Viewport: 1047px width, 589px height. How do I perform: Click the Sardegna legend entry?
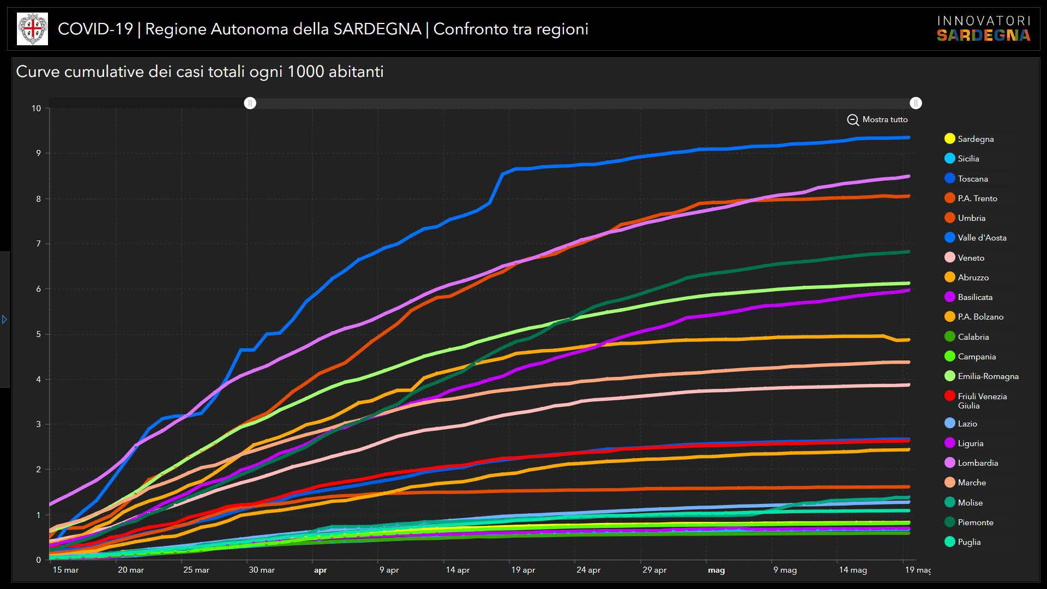click(x=975, y=139)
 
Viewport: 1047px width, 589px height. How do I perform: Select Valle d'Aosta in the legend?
click(x=982, y=238)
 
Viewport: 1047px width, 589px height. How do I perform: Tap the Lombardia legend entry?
click(x=977, y=463)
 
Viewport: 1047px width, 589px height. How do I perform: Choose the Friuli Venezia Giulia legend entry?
click(x=982, y=401)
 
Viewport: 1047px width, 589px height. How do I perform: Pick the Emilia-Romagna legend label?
click(x=988, y=376)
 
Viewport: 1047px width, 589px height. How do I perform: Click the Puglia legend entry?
click(x=968, y=542)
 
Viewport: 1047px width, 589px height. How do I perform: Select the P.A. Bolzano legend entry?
click(x=980, y=317)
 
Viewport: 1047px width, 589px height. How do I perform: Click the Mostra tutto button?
click(x=877, y=119)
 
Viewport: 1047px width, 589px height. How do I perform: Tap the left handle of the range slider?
click(x=250, y=103)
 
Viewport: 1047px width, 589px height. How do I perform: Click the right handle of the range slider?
click(x=916, y=103)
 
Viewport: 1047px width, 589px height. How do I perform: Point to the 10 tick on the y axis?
click(x=36, y=109)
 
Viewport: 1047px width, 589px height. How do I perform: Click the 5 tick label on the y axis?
click(x=38, y=334)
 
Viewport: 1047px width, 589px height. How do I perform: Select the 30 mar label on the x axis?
click(x=262, y=570)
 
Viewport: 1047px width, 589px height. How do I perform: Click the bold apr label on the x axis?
click(x=320, y=570)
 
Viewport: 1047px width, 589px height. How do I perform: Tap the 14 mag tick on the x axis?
click(x=852, y=570)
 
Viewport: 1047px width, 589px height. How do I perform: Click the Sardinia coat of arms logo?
click(x=32, y=29)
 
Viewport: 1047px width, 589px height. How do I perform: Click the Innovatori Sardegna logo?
click(x=983, y=29)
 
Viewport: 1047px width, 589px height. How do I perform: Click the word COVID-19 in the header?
click(x=95, y=29)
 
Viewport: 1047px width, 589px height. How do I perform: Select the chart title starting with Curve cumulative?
click(x=200, y=71)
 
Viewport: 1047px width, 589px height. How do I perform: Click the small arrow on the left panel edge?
click(x=4, y=319)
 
